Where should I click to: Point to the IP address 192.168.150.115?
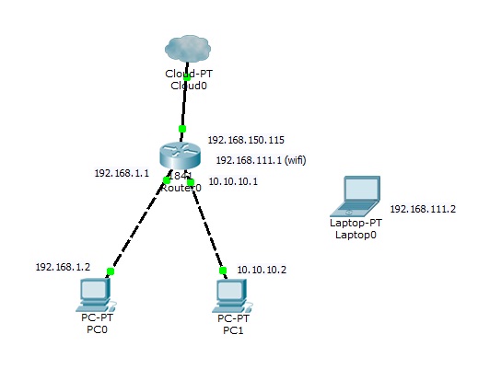(245, 141)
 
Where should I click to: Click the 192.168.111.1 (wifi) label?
(261, 160)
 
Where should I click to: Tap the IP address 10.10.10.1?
(233, 182)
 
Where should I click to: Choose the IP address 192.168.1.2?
(63, 267)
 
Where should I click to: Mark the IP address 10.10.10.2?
(262, 270)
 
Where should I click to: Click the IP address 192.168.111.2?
(423, 209)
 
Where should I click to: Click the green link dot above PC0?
(110, 271)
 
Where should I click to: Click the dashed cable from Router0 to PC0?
(138, 224)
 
